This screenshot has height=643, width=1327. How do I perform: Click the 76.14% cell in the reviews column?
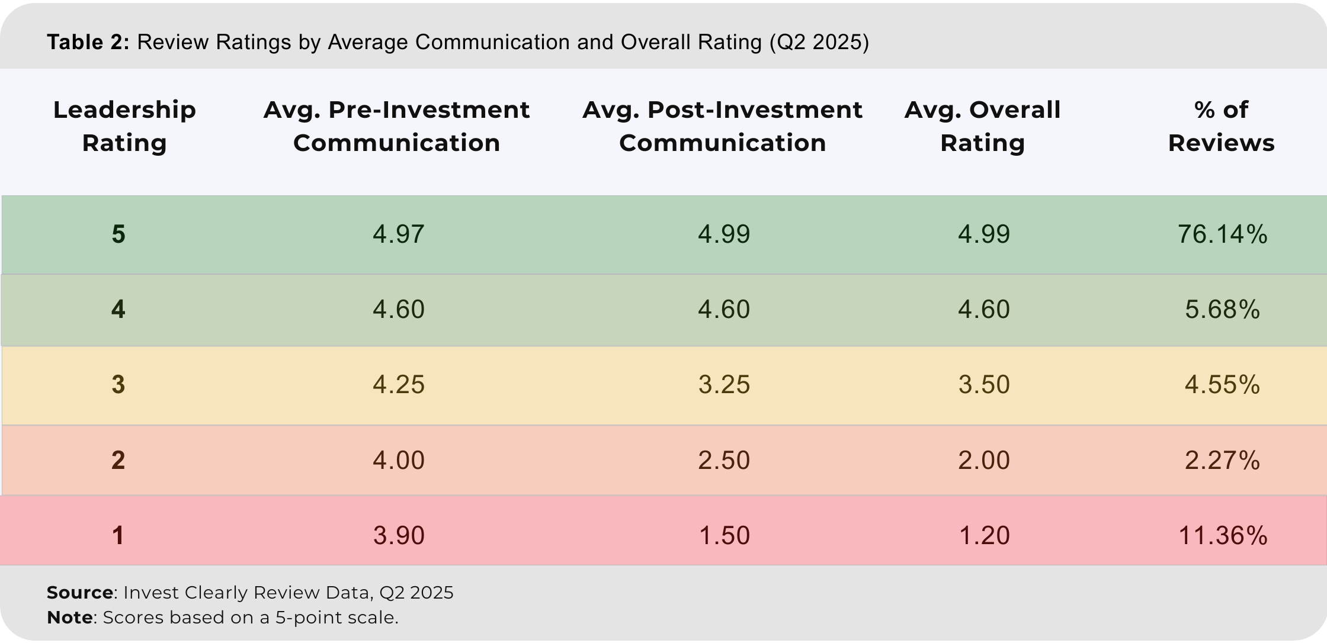pos(1222,234)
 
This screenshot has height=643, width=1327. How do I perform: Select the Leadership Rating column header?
pos(124,126)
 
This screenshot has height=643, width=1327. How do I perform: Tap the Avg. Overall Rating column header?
pos(982,126)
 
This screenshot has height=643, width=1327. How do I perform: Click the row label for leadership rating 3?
pos(118,385)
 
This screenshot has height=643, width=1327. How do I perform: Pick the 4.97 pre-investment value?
pos(398,234)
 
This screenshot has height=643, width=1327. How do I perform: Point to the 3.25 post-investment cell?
pos(723,385)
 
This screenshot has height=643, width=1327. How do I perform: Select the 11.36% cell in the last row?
pos(1222,536)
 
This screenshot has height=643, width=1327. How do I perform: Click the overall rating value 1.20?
pos(983,536)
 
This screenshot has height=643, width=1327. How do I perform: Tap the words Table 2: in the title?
pos(88,43)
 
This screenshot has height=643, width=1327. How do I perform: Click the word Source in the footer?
pos(80,593)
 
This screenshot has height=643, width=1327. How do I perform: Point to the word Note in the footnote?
pos(69,618)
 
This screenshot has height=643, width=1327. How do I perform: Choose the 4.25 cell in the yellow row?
pos(398,385)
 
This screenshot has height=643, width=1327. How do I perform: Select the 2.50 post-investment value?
pos(723,461)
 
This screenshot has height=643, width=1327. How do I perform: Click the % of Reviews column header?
pos(1221,126)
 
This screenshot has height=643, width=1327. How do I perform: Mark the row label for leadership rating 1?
pos(118,536)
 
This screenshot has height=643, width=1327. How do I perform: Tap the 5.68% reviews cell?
pos(1222,310)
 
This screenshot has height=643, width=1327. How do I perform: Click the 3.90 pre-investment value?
pos(398,536)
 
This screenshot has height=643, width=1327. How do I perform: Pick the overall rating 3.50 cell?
pos(983,385)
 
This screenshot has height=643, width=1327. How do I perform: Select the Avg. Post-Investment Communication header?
pos(722,126)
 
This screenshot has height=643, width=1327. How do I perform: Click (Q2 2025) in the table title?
pos(819,43)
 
